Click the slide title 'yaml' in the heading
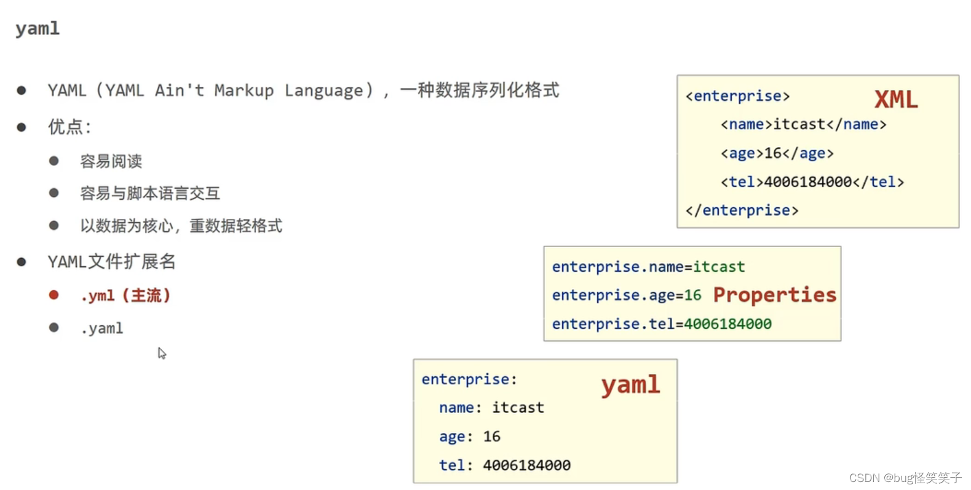click(x=38, y=28)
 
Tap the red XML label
click(x=896, y=100)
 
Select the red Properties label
click(x=774, y=295)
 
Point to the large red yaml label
click(x=630, y=385)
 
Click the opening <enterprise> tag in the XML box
click(x=737, y=96)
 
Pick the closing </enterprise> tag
click(x=742, y=210)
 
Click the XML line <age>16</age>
click(x=777, y=153)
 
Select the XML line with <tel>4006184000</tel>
click(x=812, y=182)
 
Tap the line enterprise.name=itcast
click(x=648, y=267)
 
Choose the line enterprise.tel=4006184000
click(x=661, y=324)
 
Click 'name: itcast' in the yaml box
click(x=491, y=408)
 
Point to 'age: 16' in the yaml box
click(x=469, y=437)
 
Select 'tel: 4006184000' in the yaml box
click(x=504, y=465)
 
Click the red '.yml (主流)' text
click(x=125, y=296)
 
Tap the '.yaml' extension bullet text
click(x=102, y=328)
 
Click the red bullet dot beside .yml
click(x=54, y=295)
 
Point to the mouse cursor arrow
click(x=161, y=353)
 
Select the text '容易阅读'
click(x=111, y=161)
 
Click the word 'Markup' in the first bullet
click(x=244, y=90)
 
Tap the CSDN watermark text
click(x=905, y=478)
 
